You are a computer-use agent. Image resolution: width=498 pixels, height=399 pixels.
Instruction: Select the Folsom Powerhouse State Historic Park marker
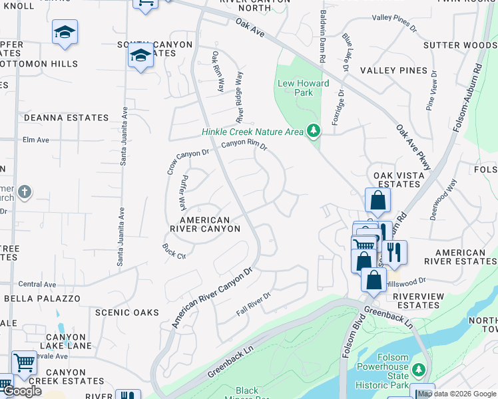click(419, 369)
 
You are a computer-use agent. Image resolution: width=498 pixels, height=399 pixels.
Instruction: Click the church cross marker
click(24, 193)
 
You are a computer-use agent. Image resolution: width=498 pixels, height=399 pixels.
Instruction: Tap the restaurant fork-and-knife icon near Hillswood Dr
click(395, 253)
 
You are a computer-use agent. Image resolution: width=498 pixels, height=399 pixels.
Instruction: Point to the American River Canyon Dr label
click(213, 297)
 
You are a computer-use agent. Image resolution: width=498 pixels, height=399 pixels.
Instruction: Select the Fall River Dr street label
click(254, 303)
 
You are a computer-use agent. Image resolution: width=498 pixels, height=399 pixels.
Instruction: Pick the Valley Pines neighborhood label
click(393, 70)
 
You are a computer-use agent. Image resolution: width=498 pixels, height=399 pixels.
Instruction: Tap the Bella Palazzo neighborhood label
click(42, 299)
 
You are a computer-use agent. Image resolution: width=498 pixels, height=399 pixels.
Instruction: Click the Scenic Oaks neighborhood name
click(127, 313)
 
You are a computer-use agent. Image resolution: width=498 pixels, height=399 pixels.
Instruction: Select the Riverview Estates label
click(417, 301)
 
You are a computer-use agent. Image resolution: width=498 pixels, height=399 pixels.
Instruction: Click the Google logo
click(22, 391)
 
